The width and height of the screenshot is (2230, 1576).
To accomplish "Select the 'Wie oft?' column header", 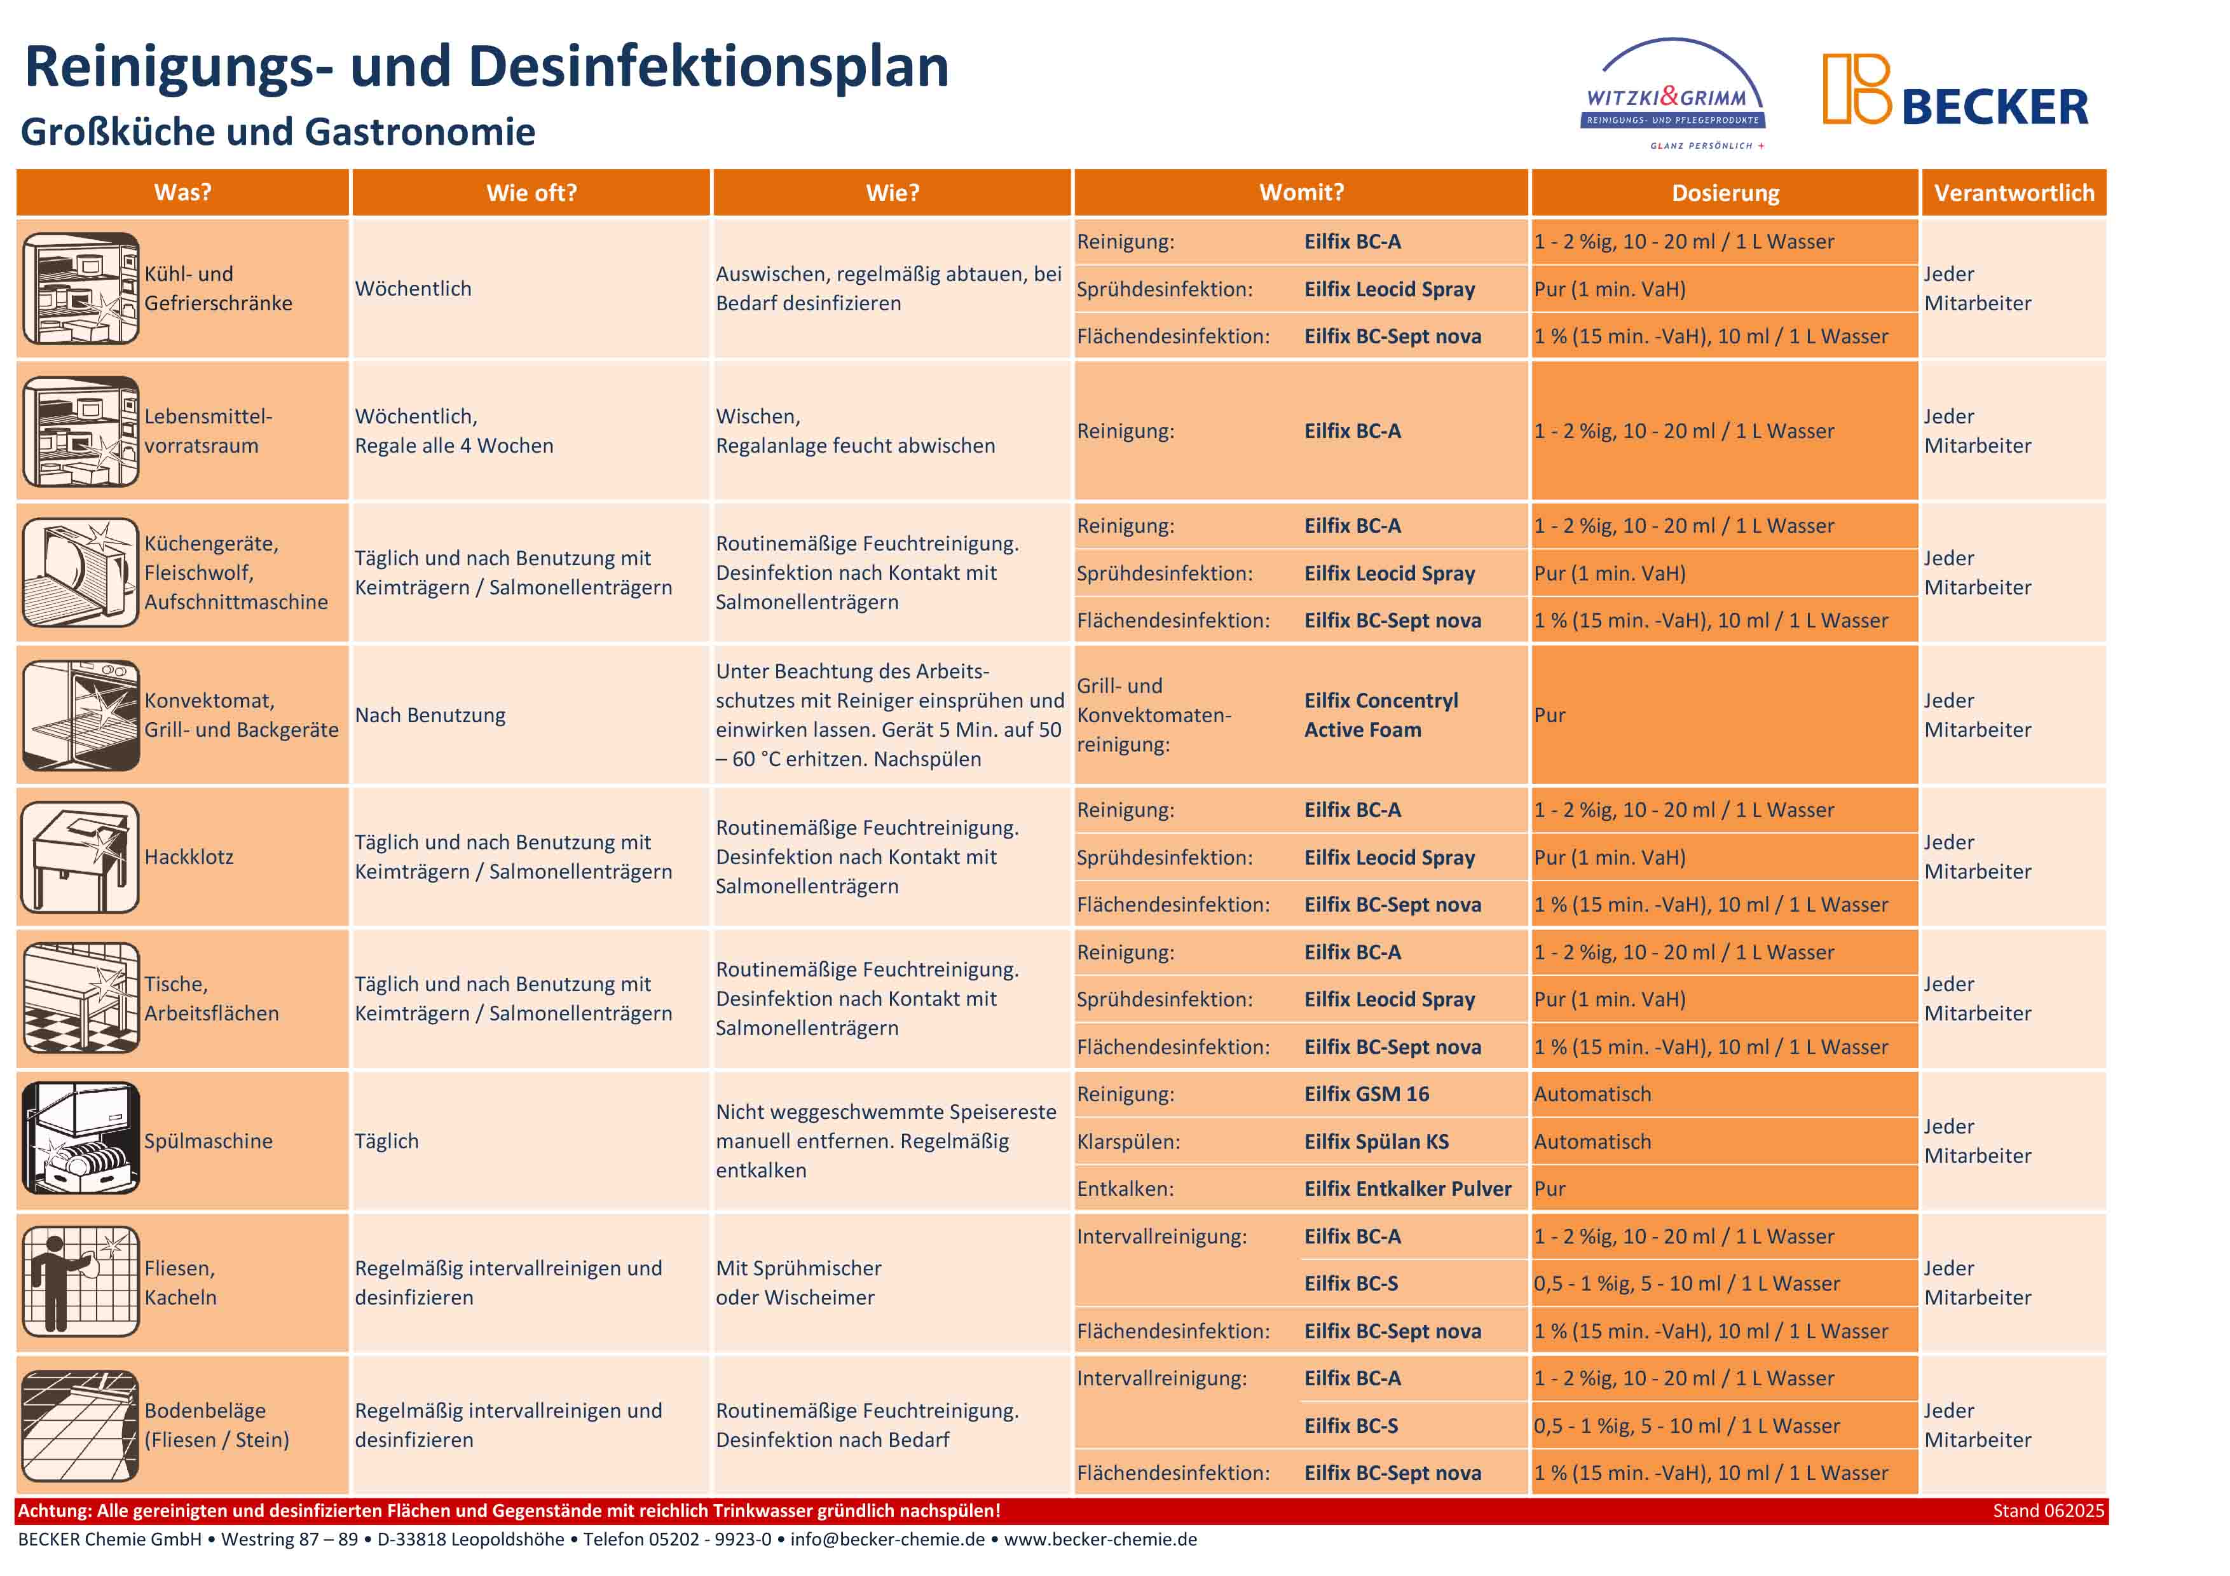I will click(531, 192).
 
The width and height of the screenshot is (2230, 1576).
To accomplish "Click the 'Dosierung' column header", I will click(1725, 192).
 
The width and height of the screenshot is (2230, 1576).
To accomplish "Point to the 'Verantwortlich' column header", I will click(2013, 192).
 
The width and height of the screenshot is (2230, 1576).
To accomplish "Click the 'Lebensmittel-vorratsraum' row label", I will click(208, 430).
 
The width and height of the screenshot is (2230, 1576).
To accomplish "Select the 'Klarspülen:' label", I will click(1128, 1141).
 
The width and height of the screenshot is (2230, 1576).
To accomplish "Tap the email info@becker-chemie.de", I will click(887, 1539).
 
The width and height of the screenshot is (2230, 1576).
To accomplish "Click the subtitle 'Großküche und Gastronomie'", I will click(278, 131).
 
